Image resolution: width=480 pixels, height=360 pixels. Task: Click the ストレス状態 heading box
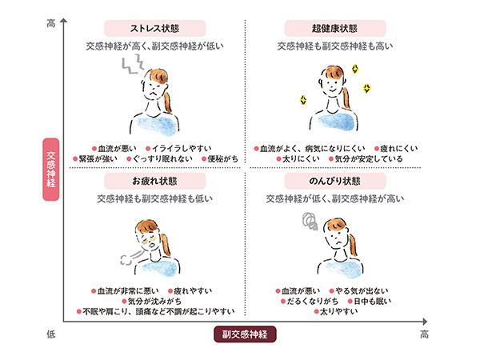pyautogui.click(x=155, y=29)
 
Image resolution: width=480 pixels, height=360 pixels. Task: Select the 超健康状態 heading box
pyautogui.click(x=335, y=29)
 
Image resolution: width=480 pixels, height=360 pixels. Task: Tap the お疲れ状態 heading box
pyautogui.click(x=155, y=181)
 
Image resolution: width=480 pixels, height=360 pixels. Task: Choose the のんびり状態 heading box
pyautogui.click(x=335, y=181)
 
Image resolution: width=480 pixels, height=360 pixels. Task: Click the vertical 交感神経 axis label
pyautogui.click(x=51, y=170)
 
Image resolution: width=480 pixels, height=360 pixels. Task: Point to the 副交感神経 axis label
pyautogui.click(x=245, y=334)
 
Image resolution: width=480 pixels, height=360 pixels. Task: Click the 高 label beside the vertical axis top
pyautogui.click(x=51, y=23)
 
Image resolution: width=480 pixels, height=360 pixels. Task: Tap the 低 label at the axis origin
pyautogui.click(x=51, y=334)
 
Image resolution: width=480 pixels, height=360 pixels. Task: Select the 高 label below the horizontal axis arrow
pyautogui.click(x=424, y=334)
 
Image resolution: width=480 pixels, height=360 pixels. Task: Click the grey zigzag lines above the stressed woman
pyautogui.click(x=133, y=64)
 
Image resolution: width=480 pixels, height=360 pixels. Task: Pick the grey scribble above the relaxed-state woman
pyautogui.click(x=310, y=221)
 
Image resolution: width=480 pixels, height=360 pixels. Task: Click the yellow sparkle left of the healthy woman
pyautogui.click(x=303, y=100)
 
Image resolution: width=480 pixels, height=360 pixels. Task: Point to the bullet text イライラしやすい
pyautogui.click(x=182, y=149)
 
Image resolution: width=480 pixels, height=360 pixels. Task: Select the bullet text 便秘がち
pyautogui.click(x=222, y=159)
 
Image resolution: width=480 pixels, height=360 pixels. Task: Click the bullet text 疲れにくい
pyautogui.click(x=399, y=149)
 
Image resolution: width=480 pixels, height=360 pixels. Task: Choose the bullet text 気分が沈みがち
pyautogui.click(x=154, y=302)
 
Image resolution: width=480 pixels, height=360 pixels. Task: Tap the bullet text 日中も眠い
pyautogui.click(x=372, y=302)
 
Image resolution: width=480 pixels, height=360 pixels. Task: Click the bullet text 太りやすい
pyautogui.click(x=338, y=312)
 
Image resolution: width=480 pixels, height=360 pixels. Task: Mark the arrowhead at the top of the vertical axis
pyautogui.click(x=63, y=20)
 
